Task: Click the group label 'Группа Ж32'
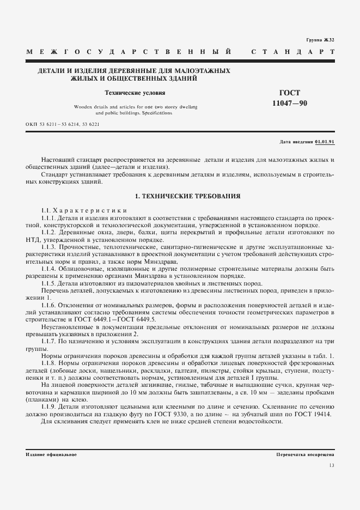(x=321, y=40)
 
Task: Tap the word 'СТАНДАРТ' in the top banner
(x=292, y=52)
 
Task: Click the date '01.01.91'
(x=325, y=142)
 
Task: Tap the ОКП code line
(x=63, y=124)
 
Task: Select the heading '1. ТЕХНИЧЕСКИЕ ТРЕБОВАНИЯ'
(x=180, y=195)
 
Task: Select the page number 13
(x=332, y=465)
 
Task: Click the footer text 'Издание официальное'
(x=51, y=454)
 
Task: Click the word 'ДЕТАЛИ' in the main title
(x=51, y=71)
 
